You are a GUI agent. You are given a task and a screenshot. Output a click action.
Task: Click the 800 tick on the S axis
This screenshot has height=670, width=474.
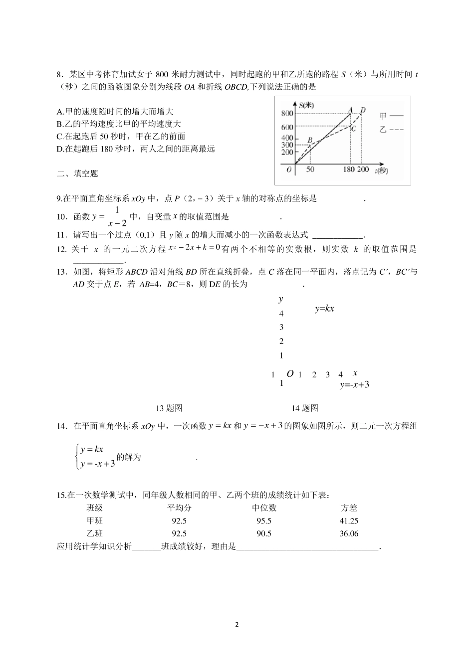[x=287, y=114]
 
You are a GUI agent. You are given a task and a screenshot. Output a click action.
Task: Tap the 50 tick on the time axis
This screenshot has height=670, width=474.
[x=310, y=169]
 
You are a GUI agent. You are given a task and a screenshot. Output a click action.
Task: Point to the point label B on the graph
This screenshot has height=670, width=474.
[x=310, y=141]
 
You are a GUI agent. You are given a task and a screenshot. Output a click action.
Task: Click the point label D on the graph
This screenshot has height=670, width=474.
[x=363, y=110]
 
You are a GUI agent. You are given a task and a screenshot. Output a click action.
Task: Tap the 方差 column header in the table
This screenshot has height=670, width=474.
[x=349, y=508]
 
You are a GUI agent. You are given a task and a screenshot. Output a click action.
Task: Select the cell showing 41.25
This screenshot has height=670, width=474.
[x=349, y=521]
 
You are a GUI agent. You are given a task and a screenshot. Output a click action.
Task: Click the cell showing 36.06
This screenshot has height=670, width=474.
[x=349, y=534]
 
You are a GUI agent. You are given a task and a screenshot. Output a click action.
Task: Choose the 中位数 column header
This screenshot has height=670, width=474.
[x=264, y=508]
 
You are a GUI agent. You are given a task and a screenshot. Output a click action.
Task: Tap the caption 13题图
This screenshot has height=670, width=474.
[x=169, y=408]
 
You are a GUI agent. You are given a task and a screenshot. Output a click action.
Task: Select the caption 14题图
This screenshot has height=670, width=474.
[x=304, y=408]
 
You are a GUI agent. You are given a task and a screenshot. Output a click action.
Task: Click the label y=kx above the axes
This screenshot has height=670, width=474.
[x=324, y=309]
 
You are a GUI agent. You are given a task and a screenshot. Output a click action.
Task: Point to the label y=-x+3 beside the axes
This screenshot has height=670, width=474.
[x=354, y=385]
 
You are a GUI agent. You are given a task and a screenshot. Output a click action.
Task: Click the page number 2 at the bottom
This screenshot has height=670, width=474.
[x=237, y=625]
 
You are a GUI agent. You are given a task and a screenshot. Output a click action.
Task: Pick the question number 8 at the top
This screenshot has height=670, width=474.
[x=59, y=75]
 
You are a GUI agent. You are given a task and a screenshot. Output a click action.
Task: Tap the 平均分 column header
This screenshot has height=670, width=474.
[x=179, y=508]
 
